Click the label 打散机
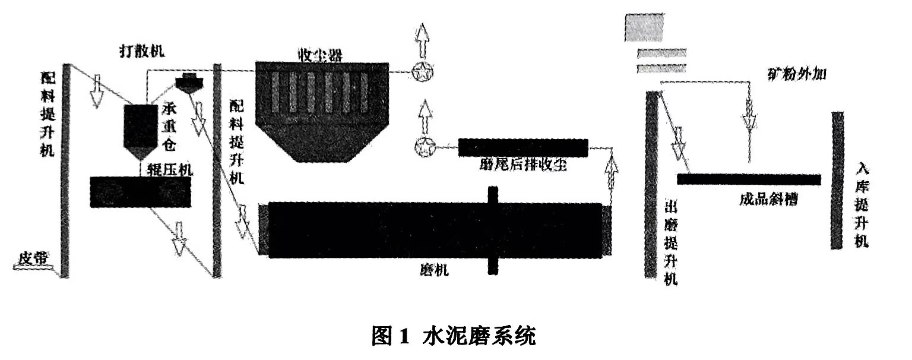[x=141, y=51]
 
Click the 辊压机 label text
[x=170, y=170]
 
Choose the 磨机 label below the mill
[x=430, y=271]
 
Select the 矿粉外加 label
[x=797, y=75]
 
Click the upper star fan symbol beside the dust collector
[x=422, y=73]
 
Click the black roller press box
[x=141, y=192]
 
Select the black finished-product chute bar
[x=749, y=179]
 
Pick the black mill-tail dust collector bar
[x=523, y=147]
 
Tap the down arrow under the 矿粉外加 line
[x=749, y=121]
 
